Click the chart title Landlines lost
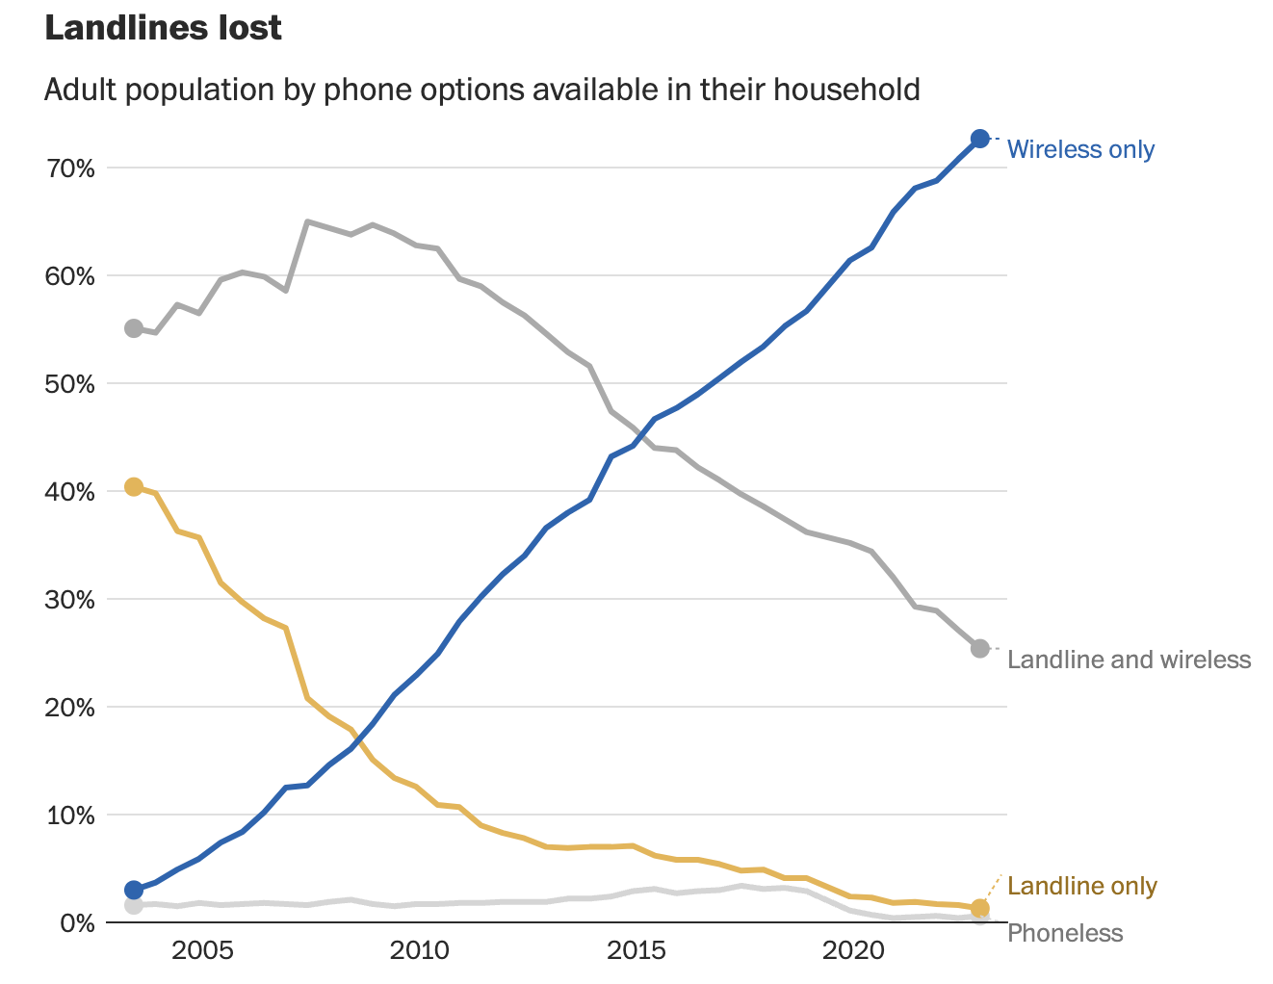163,28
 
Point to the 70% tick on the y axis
71,168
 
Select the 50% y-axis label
71,384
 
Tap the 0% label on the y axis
77,923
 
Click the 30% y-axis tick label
71,600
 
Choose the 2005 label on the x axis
202,951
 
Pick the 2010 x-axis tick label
419,951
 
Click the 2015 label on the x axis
636,951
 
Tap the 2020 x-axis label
853,951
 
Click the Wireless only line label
1080,149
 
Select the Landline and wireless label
1129,660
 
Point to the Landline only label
1081,886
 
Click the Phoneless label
1065,933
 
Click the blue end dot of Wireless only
979,139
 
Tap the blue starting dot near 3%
134,890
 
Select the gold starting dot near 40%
134,487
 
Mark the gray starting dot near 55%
134,328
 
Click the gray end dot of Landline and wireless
979,649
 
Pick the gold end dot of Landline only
979,908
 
